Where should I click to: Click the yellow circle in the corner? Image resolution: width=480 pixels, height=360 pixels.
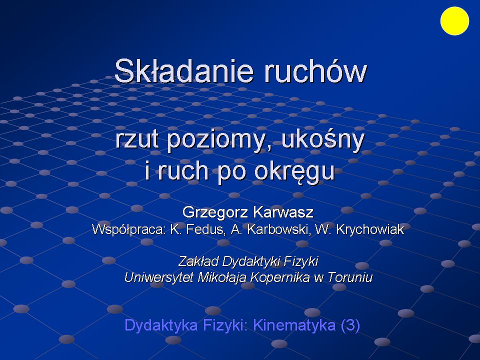(454, 21)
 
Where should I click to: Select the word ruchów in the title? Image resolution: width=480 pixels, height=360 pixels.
(315, 71)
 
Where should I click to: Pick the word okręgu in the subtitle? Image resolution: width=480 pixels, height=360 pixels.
(294, 172)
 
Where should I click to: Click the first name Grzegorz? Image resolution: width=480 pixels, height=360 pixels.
(214, 212)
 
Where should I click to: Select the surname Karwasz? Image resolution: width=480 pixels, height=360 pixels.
(283, 212)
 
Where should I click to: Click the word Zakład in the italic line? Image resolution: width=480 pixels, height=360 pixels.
(198, 261)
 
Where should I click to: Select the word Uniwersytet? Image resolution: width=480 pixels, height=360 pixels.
(159, 277)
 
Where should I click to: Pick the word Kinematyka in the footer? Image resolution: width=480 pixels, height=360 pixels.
(294, 325)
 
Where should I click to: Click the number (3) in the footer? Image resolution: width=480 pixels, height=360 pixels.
(350, 325)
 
